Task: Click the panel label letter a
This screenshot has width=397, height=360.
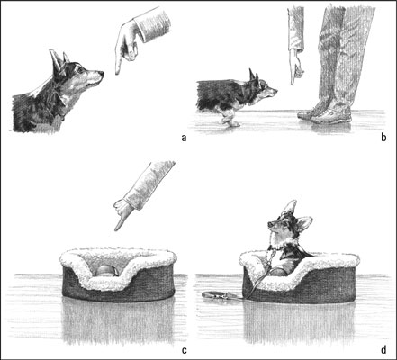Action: pyautogui.click(x=184, y=137)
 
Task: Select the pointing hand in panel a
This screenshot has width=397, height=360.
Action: pyautogui.click(x=126, y=43)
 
